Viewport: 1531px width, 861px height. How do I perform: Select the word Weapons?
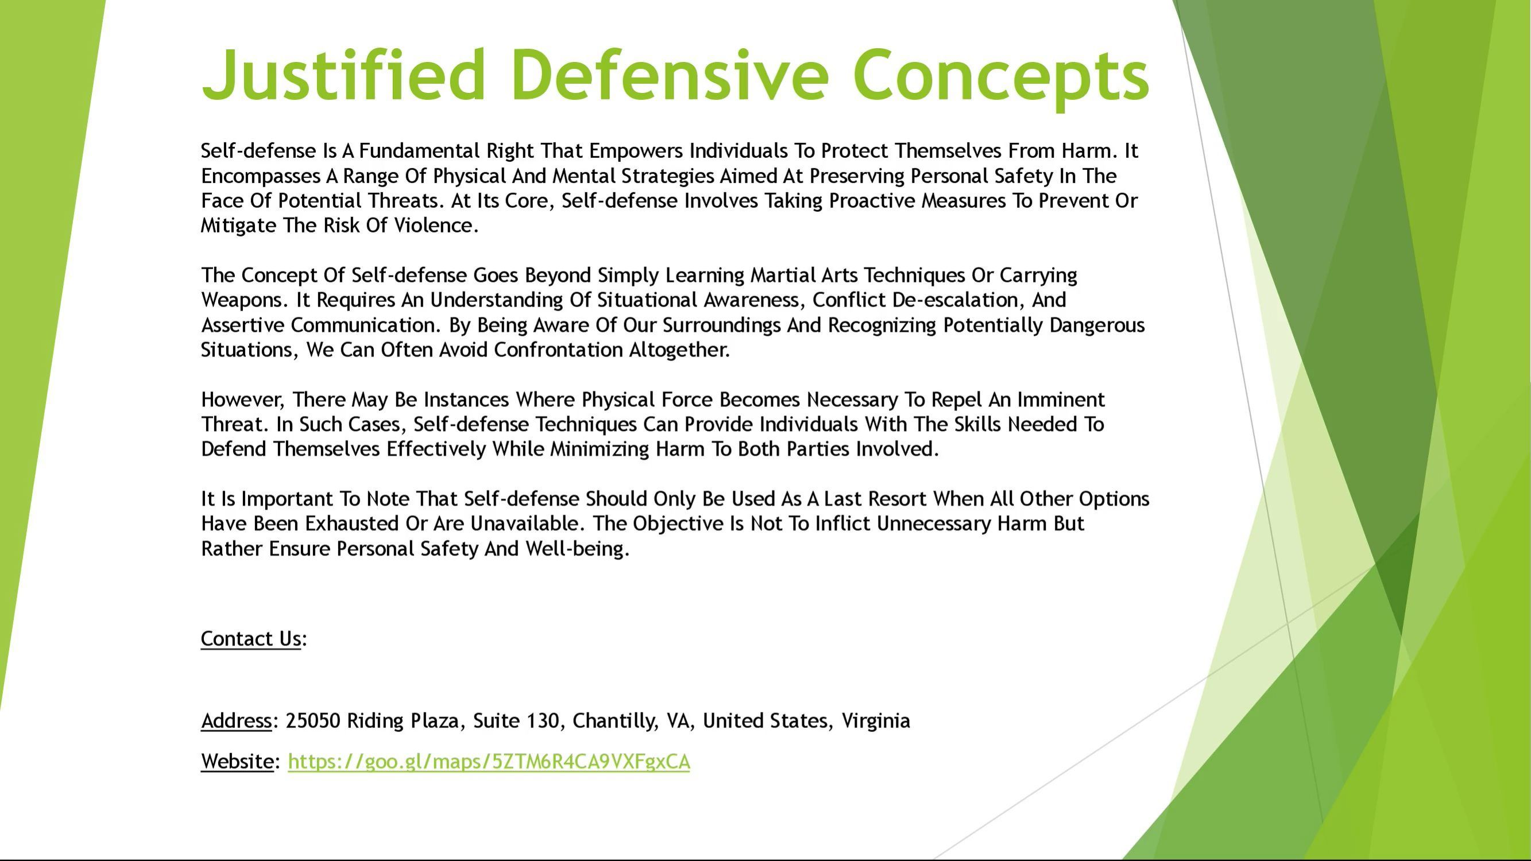coord(244,301)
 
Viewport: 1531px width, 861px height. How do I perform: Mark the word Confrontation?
coord(558,350)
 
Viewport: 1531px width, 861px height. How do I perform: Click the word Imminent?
coord(1061,400)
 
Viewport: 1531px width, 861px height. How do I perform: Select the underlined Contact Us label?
coord(251,639)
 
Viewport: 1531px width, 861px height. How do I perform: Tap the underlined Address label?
coord(237,722)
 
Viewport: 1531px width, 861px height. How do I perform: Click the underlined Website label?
coord(237,762)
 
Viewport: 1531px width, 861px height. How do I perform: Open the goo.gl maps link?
coord(489,762)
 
